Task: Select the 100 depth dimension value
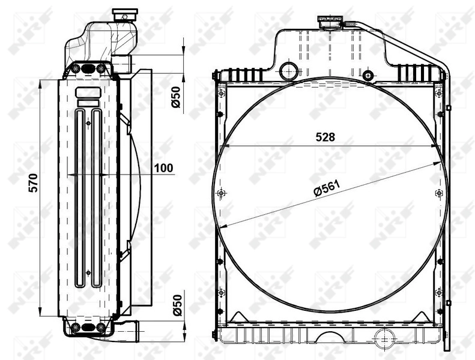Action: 164,169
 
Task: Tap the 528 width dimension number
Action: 325,137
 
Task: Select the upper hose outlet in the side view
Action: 122,64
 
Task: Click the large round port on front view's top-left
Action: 289,70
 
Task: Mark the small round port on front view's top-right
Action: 369,76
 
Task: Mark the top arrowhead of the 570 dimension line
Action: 40,83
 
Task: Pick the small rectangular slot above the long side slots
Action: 88,93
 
